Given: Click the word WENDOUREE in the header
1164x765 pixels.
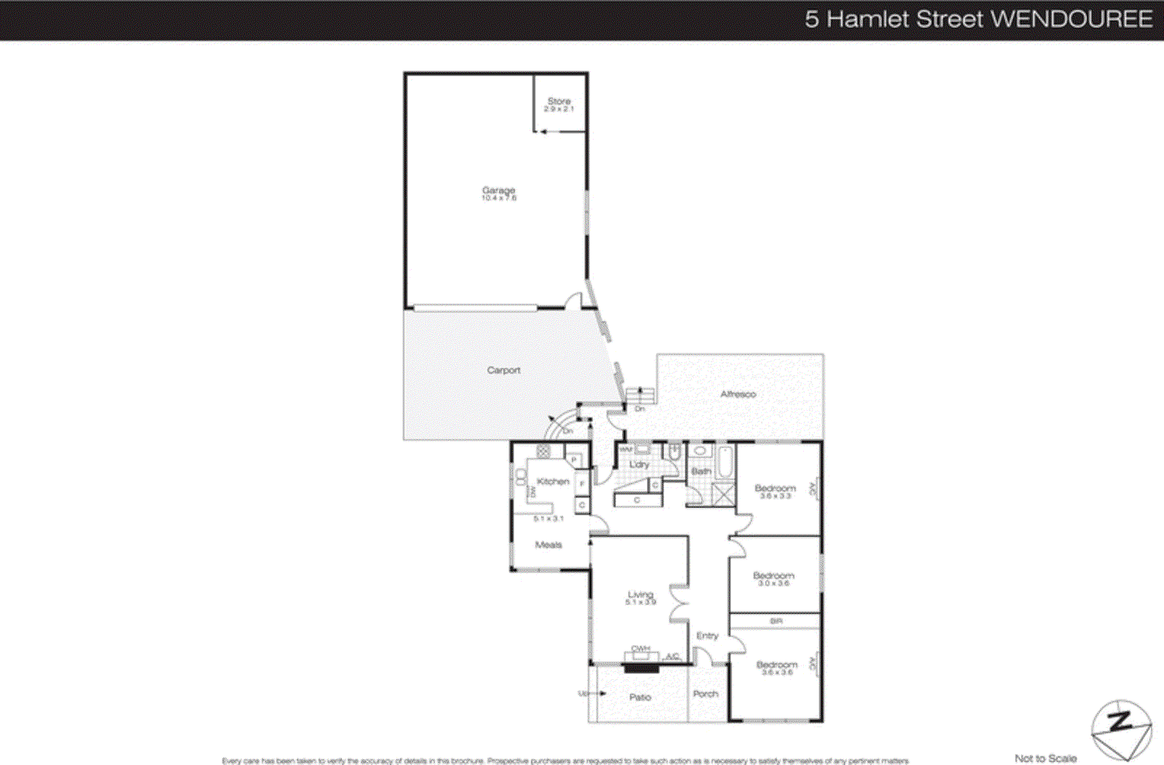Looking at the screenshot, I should point(1072,20).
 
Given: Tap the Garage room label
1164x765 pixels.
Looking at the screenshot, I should point(498,191).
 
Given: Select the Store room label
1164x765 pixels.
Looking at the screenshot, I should point(559,101).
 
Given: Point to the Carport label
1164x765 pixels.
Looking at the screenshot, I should point(503,370).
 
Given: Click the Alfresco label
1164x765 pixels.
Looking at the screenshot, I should point(738,394).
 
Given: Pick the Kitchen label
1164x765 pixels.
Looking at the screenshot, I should point(553,481).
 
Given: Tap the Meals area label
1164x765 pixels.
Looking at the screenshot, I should point(549,545).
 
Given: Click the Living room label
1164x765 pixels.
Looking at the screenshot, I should point(640,595).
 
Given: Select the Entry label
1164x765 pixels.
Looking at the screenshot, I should point(707,636).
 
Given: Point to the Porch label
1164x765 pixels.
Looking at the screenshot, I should point(705,694).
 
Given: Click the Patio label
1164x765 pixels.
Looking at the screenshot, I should point(640,697).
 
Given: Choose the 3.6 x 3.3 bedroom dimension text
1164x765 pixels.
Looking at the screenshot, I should point(776,496).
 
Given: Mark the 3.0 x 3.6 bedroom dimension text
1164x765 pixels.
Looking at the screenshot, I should point(773,583).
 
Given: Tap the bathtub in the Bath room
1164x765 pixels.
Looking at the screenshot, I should point(725,463).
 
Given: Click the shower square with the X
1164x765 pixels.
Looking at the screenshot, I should point(723,494).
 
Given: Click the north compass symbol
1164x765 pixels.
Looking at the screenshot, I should point(1121,729).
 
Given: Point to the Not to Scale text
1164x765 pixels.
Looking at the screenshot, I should point(1045,758).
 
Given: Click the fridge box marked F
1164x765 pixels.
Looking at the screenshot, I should point(582,483).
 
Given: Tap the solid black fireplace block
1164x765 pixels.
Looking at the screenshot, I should point(642,667).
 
